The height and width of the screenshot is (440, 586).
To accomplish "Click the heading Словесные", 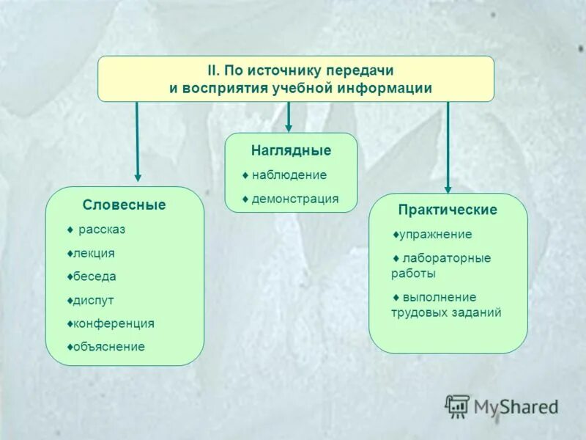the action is coord(124,205).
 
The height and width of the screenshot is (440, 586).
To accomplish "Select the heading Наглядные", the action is coord(291,151).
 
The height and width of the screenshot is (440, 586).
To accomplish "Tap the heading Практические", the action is coord(448,210).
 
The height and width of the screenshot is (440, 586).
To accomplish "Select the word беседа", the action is coord(94,276).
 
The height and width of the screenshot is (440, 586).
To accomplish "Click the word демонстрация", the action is coord(295,199).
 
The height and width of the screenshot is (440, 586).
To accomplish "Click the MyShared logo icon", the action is coord(457,406).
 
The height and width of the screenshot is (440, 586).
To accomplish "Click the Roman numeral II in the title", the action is coord(211,71).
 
